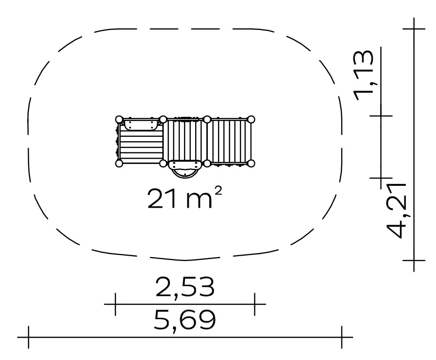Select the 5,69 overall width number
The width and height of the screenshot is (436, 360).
tap(184, 321)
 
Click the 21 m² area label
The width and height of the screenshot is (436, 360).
tap(184, 198)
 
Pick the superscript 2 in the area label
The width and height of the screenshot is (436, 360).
tap(218, 191)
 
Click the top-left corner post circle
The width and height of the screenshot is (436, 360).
tap(119, 120)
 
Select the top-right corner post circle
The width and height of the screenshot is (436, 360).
tap(251, 120)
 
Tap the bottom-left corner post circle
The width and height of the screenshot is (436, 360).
tap(119, 164)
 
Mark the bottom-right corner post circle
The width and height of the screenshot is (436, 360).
tap(251, 164)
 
